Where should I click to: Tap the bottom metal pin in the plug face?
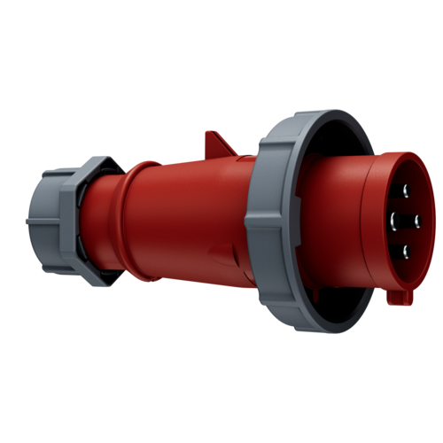click(406, 252)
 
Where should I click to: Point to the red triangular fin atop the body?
click(219, 143)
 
